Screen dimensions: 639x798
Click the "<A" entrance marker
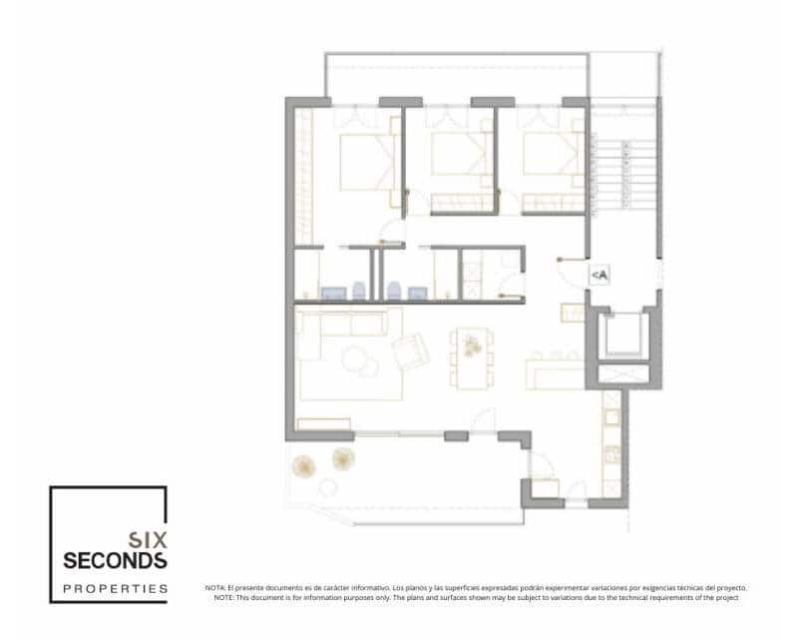tap(599, 276)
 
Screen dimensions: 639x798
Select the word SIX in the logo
tap(148, 538)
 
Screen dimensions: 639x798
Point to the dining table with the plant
tap(471, 357)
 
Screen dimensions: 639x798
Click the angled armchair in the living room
tap(411, 351)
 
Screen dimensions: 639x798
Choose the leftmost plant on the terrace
tap(302, 465)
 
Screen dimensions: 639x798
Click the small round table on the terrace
tap(328, 486)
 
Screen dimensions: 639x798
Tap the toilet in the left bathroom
tap(331, 292)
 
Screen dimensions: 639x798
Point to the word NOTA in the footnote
tap(215, 588)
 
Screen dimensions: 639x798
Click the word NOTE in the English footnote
tap(223, 597)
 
